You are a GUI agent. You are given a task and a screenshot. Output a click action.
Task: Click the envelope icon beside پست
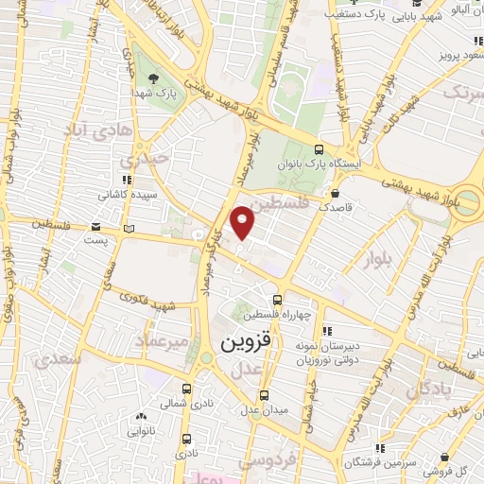95,226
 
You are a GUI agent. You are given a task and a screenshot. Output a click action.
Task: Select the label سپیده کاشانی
122,195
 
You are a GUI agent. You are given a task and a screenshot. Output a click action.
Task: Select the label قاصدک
337,206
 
